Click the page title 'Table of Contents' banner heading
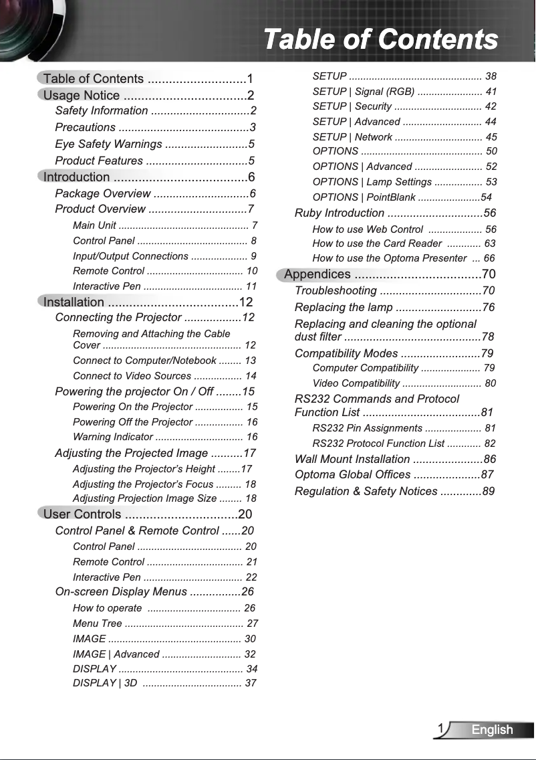pos(380,39)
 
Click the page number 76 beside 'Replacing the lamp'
pos(488,308)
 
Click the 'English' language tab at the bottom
pos(492,730)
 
